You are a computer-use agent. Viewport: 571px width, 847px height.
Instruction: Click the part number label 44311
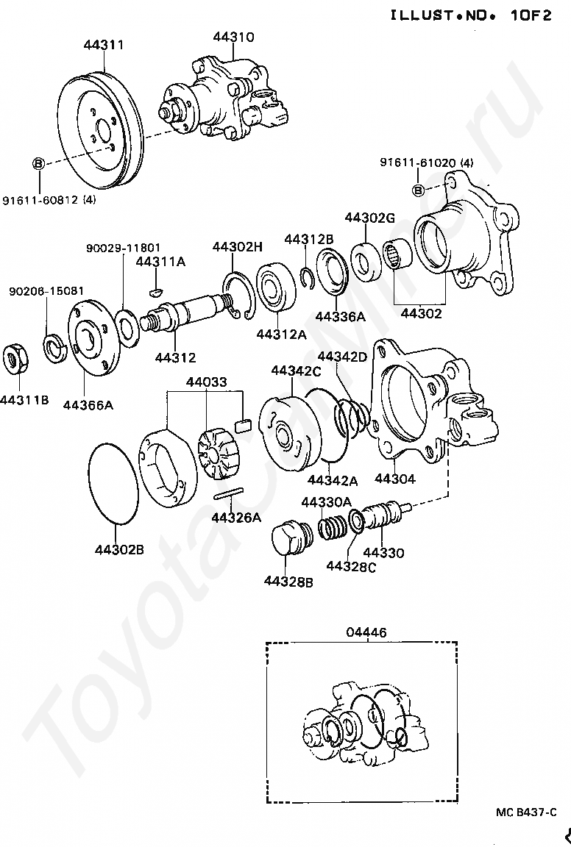[x=103, y=44]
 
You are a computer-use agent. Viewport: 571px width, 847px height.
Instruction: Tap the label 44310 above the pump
[x=233, y=37]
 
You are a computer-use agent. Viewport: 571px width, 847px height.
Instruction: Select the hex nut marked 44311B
[x=15, y=358]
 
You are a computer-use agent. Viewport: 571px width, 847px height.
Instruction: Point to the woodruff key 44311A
[x=156, y=292]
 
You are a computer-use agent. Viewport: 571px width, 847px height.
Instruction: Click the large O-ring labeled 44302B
[x=113, y=483]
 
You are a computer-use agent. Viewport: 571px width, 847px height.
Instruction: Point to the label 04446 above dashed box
[x=366, y=632]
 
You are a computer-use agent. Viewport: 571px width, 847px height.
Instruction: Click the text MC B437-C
[x=526, y=812]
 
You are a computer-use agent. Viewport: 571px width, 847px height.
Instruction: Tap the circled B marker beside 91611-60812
[x=38, y=162]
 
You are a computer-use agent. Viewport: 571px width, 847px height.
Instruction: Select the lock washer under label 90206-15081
[x=54, y=349]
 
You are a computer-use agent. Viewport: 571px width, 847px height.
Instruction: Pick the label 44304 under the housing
[x=394, y=479]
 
